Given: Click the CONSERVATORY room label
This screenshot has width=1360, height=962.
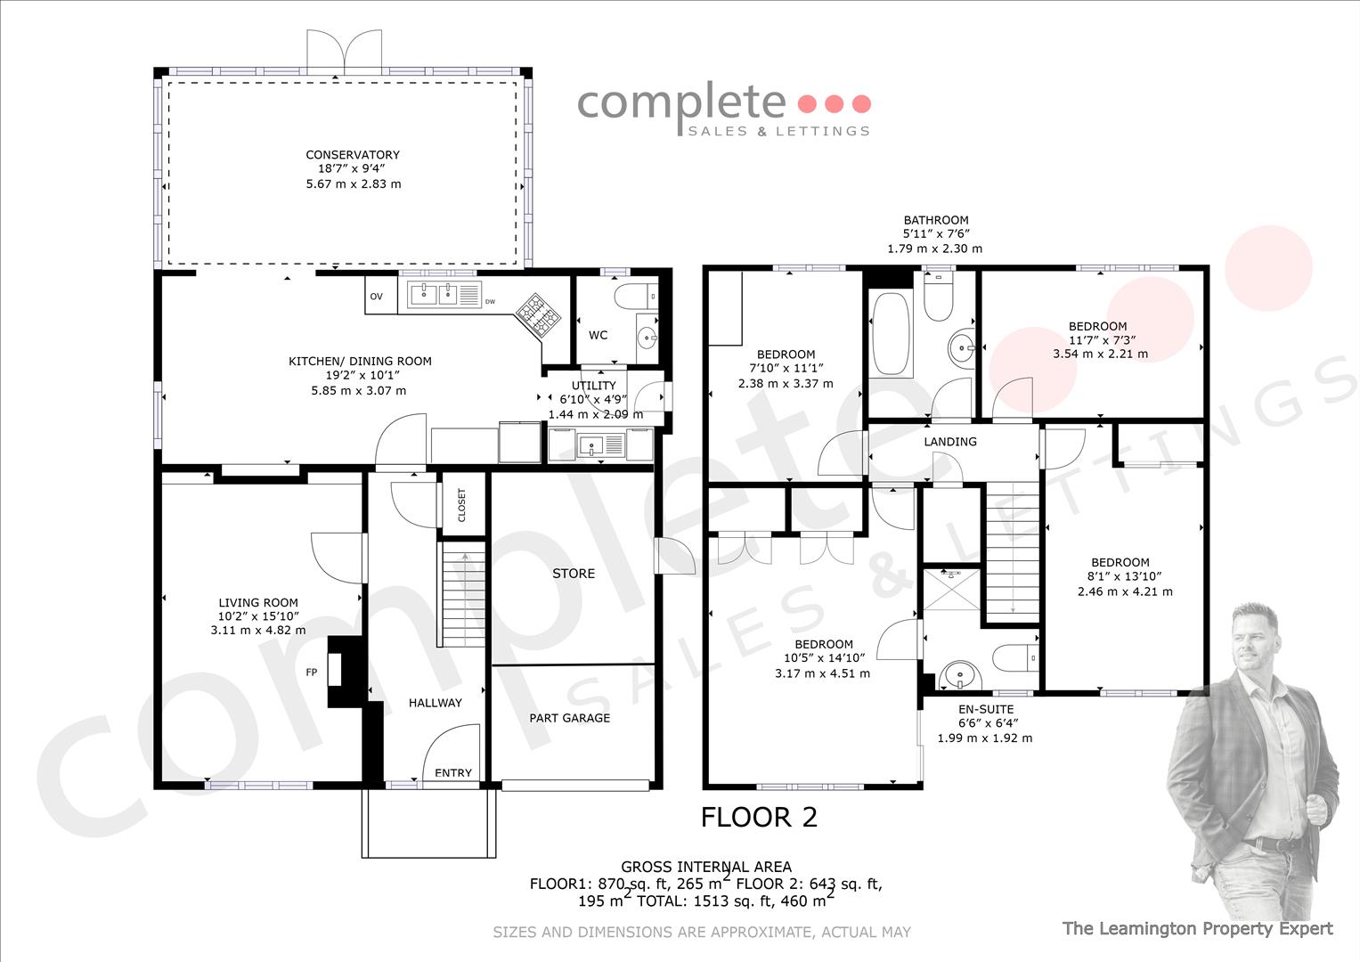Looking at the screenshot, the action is [353, 155].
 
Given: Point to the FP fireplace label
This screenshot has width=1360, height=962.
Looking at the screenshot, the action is [312, 673].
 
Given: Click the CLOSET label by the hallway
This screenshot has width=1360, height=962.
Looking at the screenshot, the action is [461, 505].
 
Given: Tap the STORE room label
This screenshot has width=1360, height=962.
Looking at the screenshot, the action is [574, 574].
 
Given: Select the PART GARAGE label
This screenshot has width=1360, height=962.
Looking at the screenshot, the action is [569, 718].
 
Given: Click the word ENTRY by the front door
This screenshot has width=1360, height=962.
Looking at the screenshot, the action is [453, 772].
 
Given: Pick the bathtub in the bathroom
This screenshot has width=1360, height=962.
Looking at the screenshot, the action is [891, 333].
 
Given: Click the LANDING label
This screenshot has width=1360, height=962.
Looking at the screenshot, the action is [950, 442].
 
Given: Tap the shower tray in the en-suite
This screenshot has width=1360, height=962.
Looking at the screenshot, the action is [951, 589].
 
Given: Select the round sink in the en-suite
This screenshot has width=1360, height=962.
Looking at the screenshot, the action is [960, 675].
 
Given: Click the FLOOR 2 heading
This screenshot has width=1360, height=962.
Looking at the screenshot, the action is [759, 817].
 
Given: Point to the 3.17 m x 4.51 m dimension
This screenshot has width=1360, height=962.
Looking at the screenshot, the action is [822, 673].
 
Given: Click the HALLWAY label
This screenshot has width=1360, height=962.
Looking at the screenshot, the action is [435, 703].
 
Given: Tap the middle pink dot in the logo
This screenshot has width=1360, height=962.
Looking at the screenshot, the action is [834, 104].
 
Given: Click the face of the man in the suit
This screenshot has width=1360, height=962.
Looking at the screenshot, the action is [1256, 640].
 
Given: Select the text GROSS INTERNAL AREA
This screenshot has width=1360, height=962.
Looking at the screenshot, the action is [706, 867].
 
